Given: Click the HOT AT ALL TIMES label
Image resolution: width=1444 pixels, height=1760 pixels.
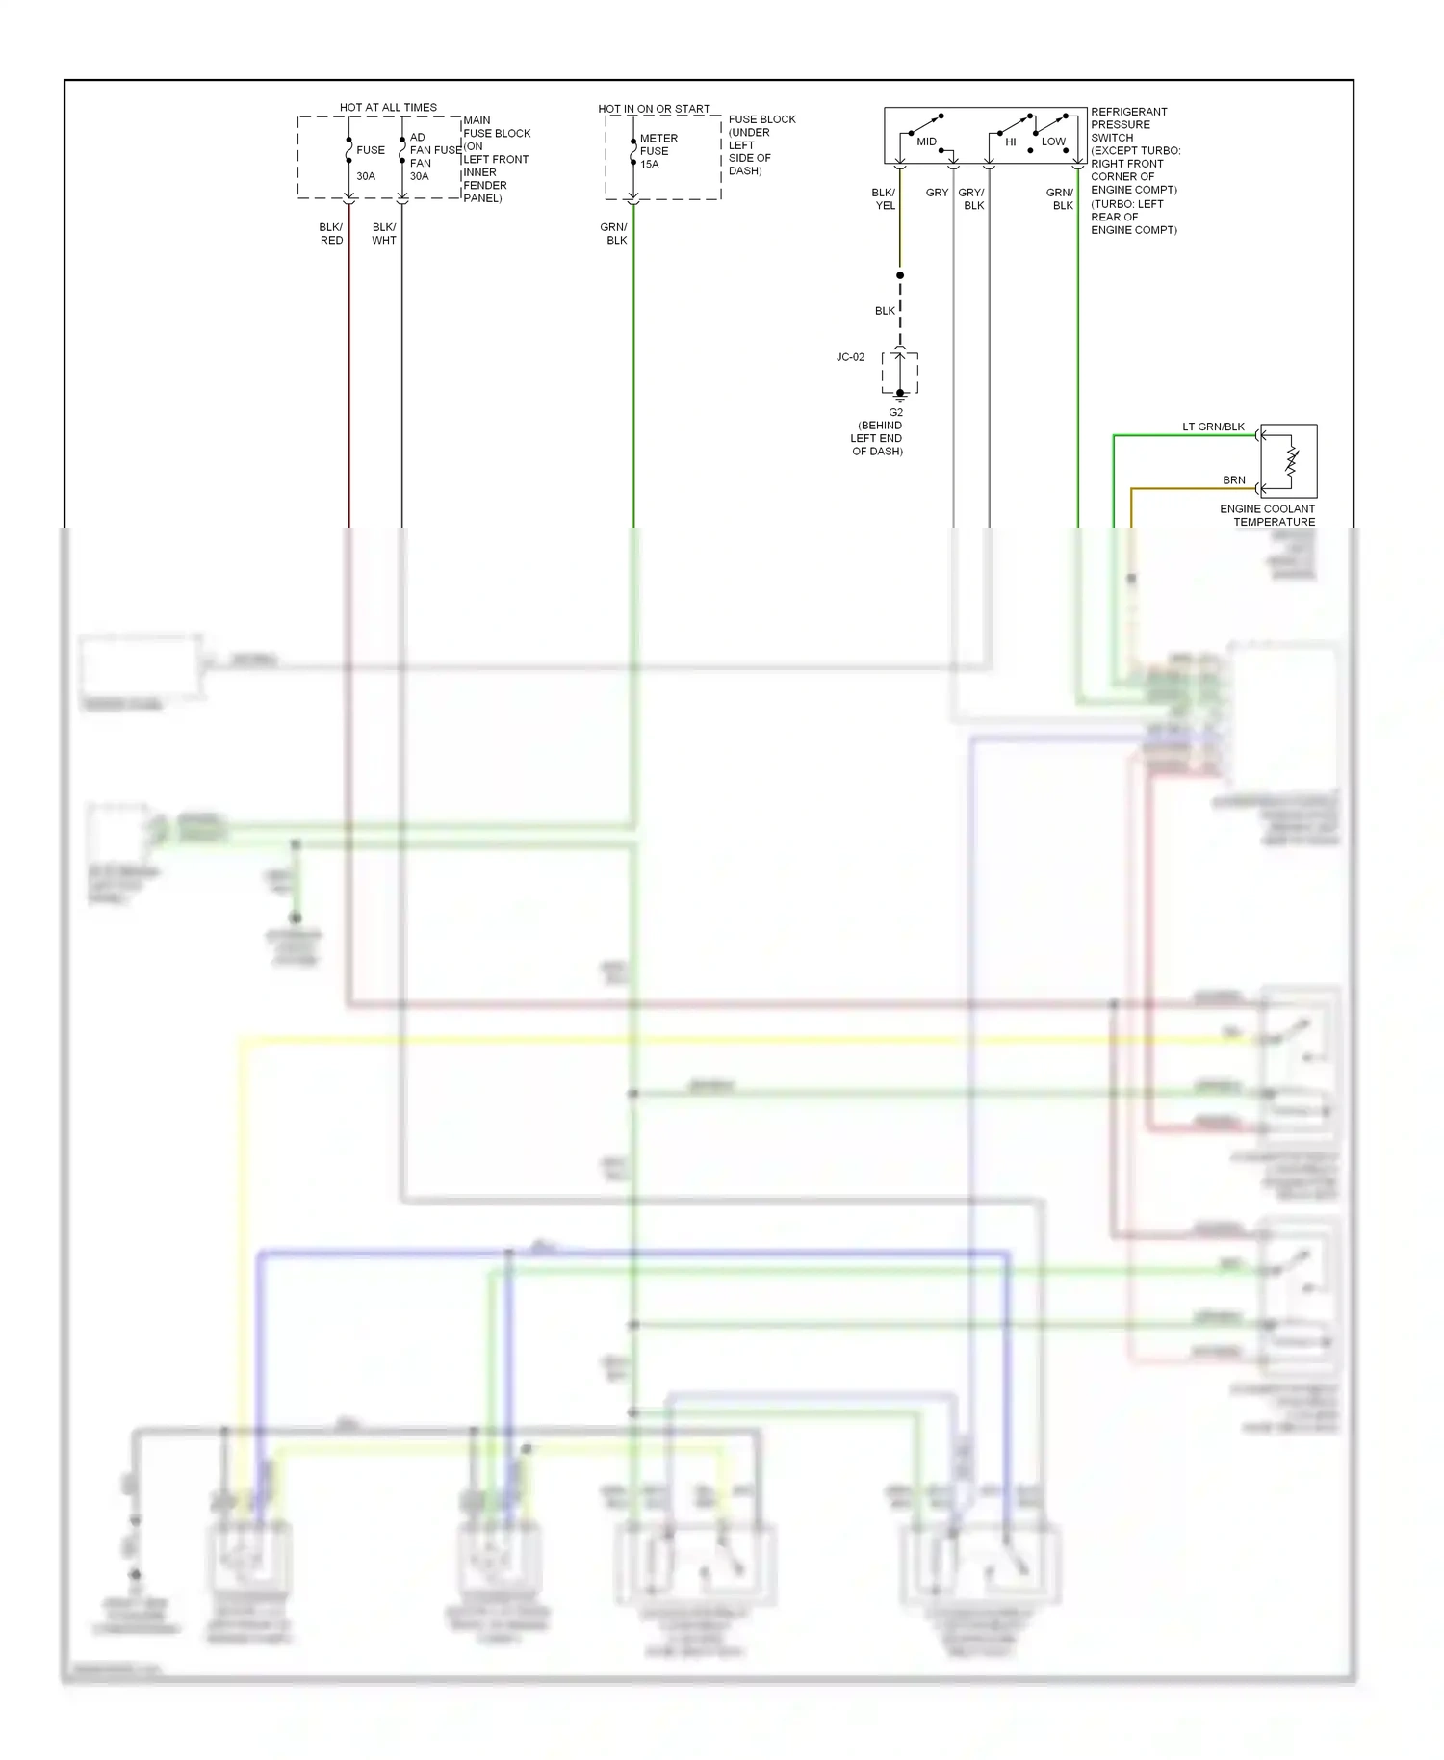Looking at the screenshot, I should coord(388,107).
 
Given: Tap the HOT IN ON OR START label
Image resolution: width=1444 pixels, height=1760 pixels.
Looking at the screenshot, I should coord(654,109).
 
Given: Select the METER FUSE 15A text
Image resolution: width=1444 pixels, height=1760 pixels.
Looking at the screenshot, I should coord(658,151).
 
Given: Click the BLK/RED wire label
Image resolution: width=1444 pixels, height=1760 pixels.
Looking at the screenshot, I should coord(331,234).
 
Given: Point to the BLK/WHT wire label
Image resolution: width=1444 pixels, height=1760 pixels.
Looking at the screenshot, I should coord(384,234).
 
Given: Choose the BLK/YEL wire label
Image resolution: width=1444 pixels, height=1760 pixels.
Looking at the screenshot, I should coord(884,199).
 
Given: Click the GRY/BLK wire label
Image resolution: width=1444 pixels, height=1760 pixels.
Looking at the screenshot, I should coord(972,199).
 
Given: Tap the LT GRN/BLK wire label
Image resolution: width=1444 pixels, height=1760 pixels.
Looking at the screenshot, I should coord(1213,427).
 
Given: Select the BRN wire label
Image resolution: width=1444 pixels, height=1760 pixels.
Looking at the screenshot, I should coord(1234,479).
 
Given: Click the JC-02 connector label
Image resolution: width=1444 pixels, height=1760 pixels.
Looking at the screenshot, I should coord(850,357).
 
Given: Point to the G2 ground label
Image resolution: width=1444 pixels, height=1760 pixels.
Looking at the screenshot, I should coord(896,412).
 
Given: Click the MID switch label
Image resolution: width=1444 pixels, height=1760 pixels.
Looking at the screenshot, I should coord(926,142).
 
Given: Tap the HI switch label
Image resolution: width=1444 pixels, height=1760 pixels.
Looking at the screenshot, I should coord(1011,142).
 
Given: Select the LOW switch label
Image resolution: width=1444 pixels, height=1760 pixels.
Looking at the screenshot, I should coord(1053,142).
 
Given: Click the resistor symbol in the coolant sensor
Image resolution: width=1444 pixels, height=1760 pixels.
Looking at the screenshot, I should coord(1292,462).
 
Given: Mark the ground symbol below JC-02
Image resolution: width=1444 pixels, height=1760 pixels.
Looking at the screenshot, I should coord(900,395).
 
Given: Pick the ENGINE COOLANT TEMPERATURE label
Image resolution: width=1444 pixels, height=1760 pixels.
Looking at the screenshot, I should coord(1268,515).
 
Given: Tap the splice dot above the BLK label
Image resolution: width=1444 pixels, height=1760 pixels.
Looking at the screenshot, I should coord(900,275).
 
